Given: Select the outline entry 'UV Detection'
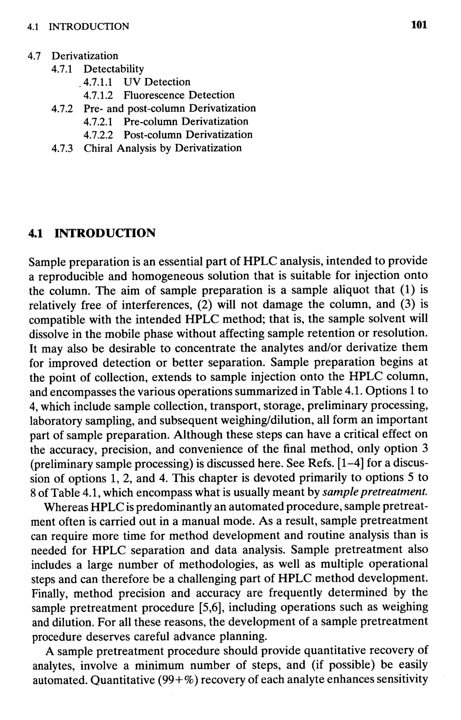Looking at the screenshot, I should [x=157, y=82].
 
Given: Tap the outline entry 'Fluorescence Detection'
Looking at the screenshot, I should [x=179, y=95].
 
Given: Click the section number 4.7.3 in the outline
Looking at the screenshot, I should [x=62, y=148].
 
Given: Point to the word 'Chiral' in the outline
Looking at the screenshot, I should [x=98, y=148].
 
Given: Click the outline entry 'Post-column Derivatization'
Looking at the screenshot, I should [x=188, y=135].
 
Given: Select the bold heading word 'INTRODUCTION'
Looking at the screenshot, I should [x=105, y=233].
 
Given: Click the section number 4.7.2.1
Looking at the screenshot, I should [x=98, y=122].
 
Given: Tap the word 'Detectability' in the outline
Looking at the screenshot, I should [x=113, y=69].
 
